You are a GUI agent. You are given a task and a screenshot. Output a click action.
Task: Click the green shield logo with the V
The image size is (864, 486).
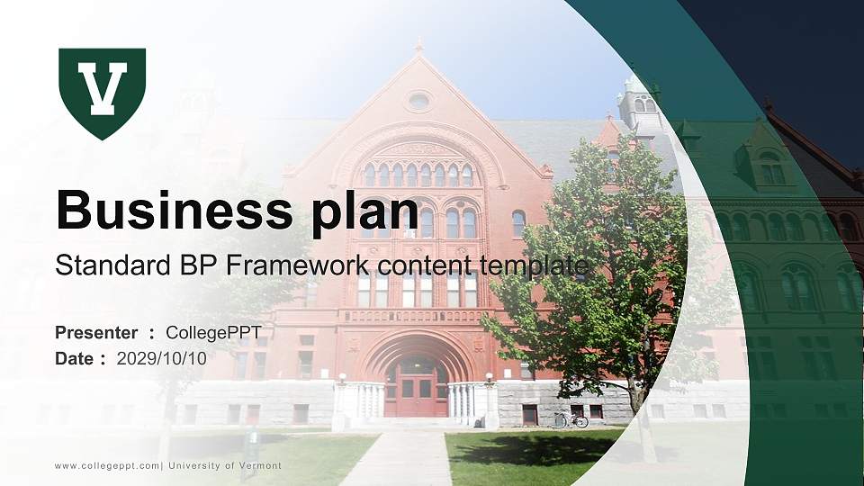pyautogui.click(x=102, y=92)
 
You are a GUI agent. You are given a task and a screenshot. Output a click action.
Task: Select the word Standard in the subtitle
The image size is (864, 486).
pyautogui.click(x=100, y=265)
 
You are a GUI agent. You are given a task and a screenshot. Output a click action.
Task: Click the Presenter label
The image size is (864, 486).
pyautogui.click(x=96, y=333)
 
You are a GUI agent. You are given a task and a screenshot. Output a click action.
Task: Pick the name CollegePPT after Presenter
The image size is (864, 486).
pyautogui.click(x=213, y=333)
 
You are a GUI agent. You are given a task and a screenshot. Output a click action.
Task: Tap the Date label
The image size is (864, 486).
pyautogui.click(x=74, y=358)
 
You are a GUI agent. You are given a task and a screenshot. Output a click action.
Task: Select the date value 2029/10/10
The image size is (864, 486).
pyautogui.click(x=161, y=358)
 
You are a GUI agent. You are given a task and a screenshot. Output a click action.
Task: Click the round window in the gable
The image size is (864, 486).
pyautogui.click(x=418, y=101)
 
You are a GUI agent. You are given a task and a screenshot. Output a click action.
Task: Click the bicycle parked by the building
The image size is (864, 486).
pyautogui.click(x=571, y=419)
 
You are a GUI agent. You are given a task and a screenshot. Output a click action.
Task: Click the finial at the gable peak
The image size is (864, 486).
pyautogui.click(x=418, y=45)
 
